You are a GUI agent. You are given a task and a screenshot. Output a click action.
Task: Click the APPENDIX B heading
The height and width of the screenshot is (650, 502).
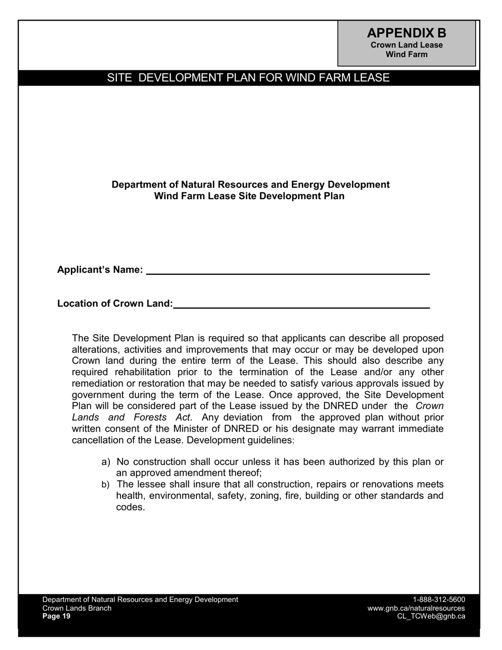coord(406,33)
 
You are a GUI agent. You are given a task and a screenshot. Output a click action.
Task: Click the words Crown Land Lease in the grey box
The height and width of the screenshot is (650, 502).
coord(406,45)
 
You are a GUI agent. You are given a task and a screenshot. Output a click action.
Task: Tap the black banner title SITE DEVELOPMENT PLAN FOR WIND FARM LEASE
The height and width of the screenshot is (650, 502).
coord(248,78)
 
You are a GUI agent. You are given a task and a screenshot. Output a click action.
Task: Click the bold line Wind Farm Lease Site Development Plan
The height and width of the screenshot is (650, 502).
coord(249,196)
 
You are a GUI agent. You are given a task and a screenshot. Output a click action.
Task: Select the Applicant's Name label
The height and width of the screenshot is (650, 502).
coord(100,270)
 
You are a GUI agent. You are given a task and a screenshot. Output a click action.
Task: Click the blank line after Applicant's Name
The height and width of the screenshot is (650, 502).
coord(288,271)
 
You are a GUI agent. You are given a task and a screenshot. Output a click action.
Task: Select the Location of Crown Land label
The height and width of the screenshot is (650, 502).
coord(115,304)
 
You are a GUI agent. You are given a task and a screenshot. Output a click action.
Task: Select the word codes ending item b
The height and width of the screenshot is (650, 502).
coord(130,507)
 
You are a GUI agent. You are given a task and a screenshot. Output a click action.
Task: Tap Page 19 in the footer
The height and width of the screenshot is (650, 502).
coord(56,616)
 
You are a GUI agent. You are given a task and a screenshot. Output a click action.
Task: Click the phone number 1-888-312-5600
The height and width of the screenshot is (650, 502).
coord(439,600)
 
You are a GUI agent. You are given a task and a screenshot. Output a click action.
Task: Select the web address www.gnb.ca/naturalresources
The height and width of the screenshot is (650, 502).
coord(416,608)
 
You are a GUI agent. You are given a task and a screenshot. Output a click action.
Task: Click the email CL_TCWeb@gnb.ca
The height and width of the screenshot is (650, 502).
coord(431,616)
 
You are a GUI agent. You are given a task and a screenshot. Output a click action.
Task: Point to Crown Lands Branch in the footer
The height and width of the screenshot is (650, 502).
coord(77,608)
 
